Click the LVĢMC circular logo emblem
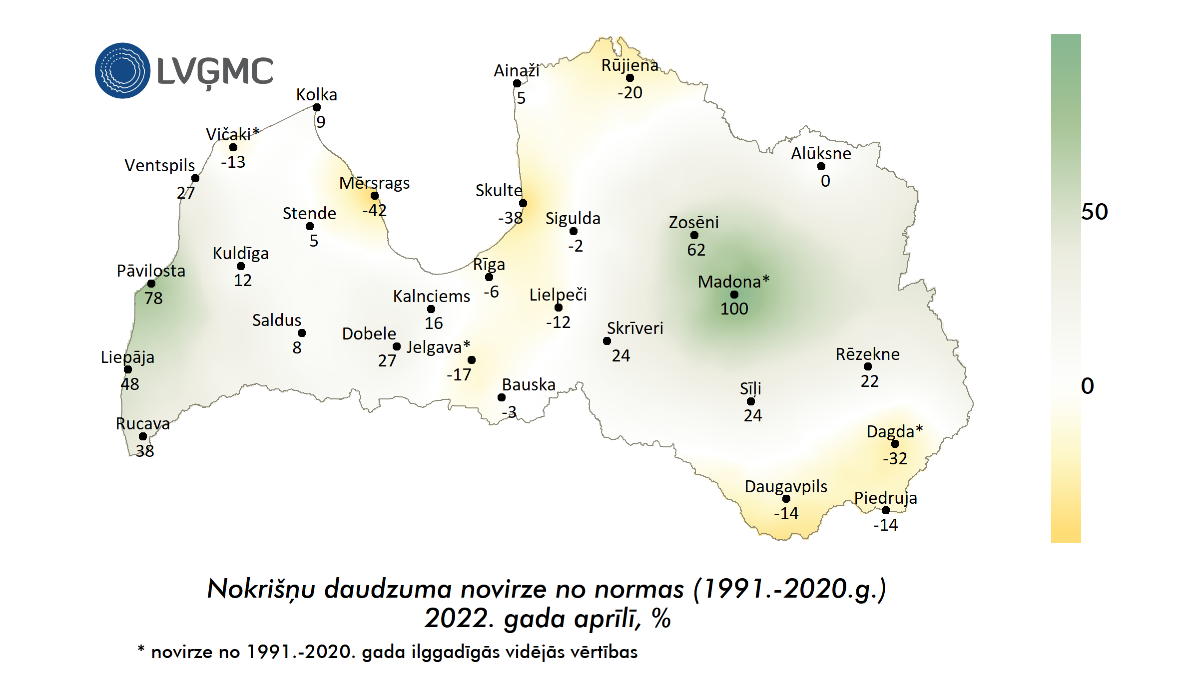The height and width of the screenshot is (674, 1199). click(122, 70)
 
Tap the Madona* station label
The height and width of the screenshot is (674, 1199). click(733, 282)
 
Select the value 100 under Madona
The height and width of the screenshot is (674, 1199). click(734, 309)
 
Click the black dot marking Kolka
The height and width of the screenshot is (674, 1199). click(317, 107)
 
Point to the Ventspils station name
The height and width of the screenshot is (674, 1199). click(159, 165)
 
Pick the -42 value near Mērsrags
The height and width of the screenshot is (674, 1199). click(374, 210)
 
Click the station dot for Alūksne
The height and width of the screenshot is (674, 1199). click(821, 166)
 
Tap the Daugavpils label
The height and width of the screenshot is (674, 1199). click(786, 486)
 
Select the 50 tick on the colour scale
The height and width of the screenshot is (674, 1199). click(1094, 212)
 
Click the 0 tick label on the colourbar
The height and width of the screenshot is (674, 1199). click(1087, 386)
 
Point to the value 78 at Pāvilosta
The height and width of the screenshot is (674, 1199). click(153, 298)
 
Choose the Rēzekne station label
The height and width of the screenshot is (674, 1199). click(867, 354)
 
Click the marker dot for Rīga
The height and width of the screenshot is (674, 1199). click(489, 277)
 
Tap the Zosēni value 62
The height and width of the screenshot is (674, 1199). click(696, 250)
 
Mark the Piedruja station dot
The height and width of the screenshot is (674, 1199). click(886, 510)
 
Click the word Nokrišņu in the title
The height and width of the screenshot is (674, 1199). click(261, 589)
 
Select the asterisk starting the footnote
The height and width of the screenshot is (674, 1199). click(141, 649)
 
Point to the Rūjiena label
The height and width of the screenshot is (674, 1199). click(629, 65)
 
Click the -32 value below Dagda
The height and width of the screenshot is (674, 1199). click(895, 458)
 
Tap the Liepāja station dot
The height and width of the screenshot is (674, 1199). click(128, 369)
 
